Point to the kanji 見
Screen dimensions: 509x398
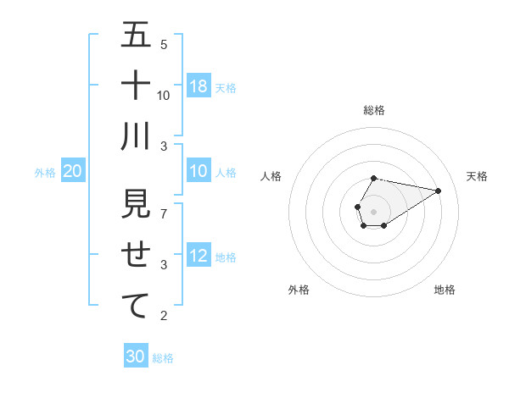click(136, 204)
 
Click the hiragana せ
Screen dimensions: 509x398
click(136, 255)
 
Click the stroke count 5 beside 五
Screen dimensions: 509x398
click(164, 44)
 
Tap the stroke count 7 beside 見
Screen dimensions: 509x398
click(164, 213)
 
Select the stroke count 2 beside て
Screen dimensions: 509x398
click(164, 316)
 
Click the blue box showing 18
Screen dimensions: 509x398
click(199, 86)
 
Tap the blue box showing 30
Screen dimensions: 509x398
click(135, 357)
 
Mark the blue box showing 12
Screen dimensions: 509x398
click(199, 257)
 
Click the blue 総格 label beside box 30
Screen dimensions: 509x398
click(163, 358)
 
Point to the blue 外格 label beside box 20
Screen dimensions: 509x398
click(45, 173)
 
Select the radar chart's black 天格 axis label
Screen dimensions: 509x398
click(477, 176)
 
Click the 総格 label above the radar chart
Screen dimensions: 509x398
click(374, 110)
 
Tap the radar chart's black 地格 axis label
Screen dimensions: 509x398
click(445, 290)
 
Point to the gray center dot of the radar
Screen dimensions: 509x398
click(373, 210)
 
